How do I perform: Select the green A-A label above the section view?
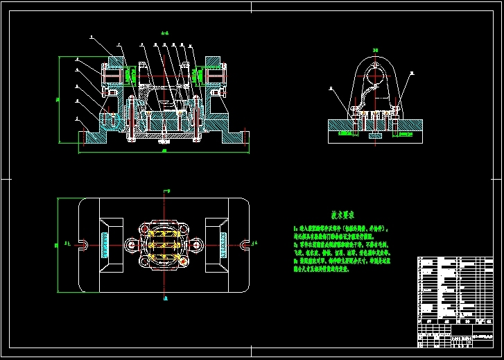coord(164,33)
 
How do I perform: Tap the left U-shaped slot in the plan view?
coord(82,244)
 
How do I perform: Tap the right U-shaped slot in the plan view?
coord(245,244)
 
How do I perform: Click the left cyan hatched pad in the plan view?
coord(105,243)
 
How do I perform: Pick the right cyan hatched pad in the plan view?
coord(223,243)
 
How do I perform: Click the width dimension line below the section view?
coord(164,151)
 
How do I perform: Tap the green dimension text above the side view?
coord(375,50)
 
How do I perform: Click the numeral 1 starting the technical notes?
coord(295,228)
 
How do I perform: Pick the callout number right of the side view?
coord(411,72)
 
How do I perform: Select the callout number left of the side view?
coord(331,88)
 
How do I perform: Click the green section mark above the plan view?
coord(164,189)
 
